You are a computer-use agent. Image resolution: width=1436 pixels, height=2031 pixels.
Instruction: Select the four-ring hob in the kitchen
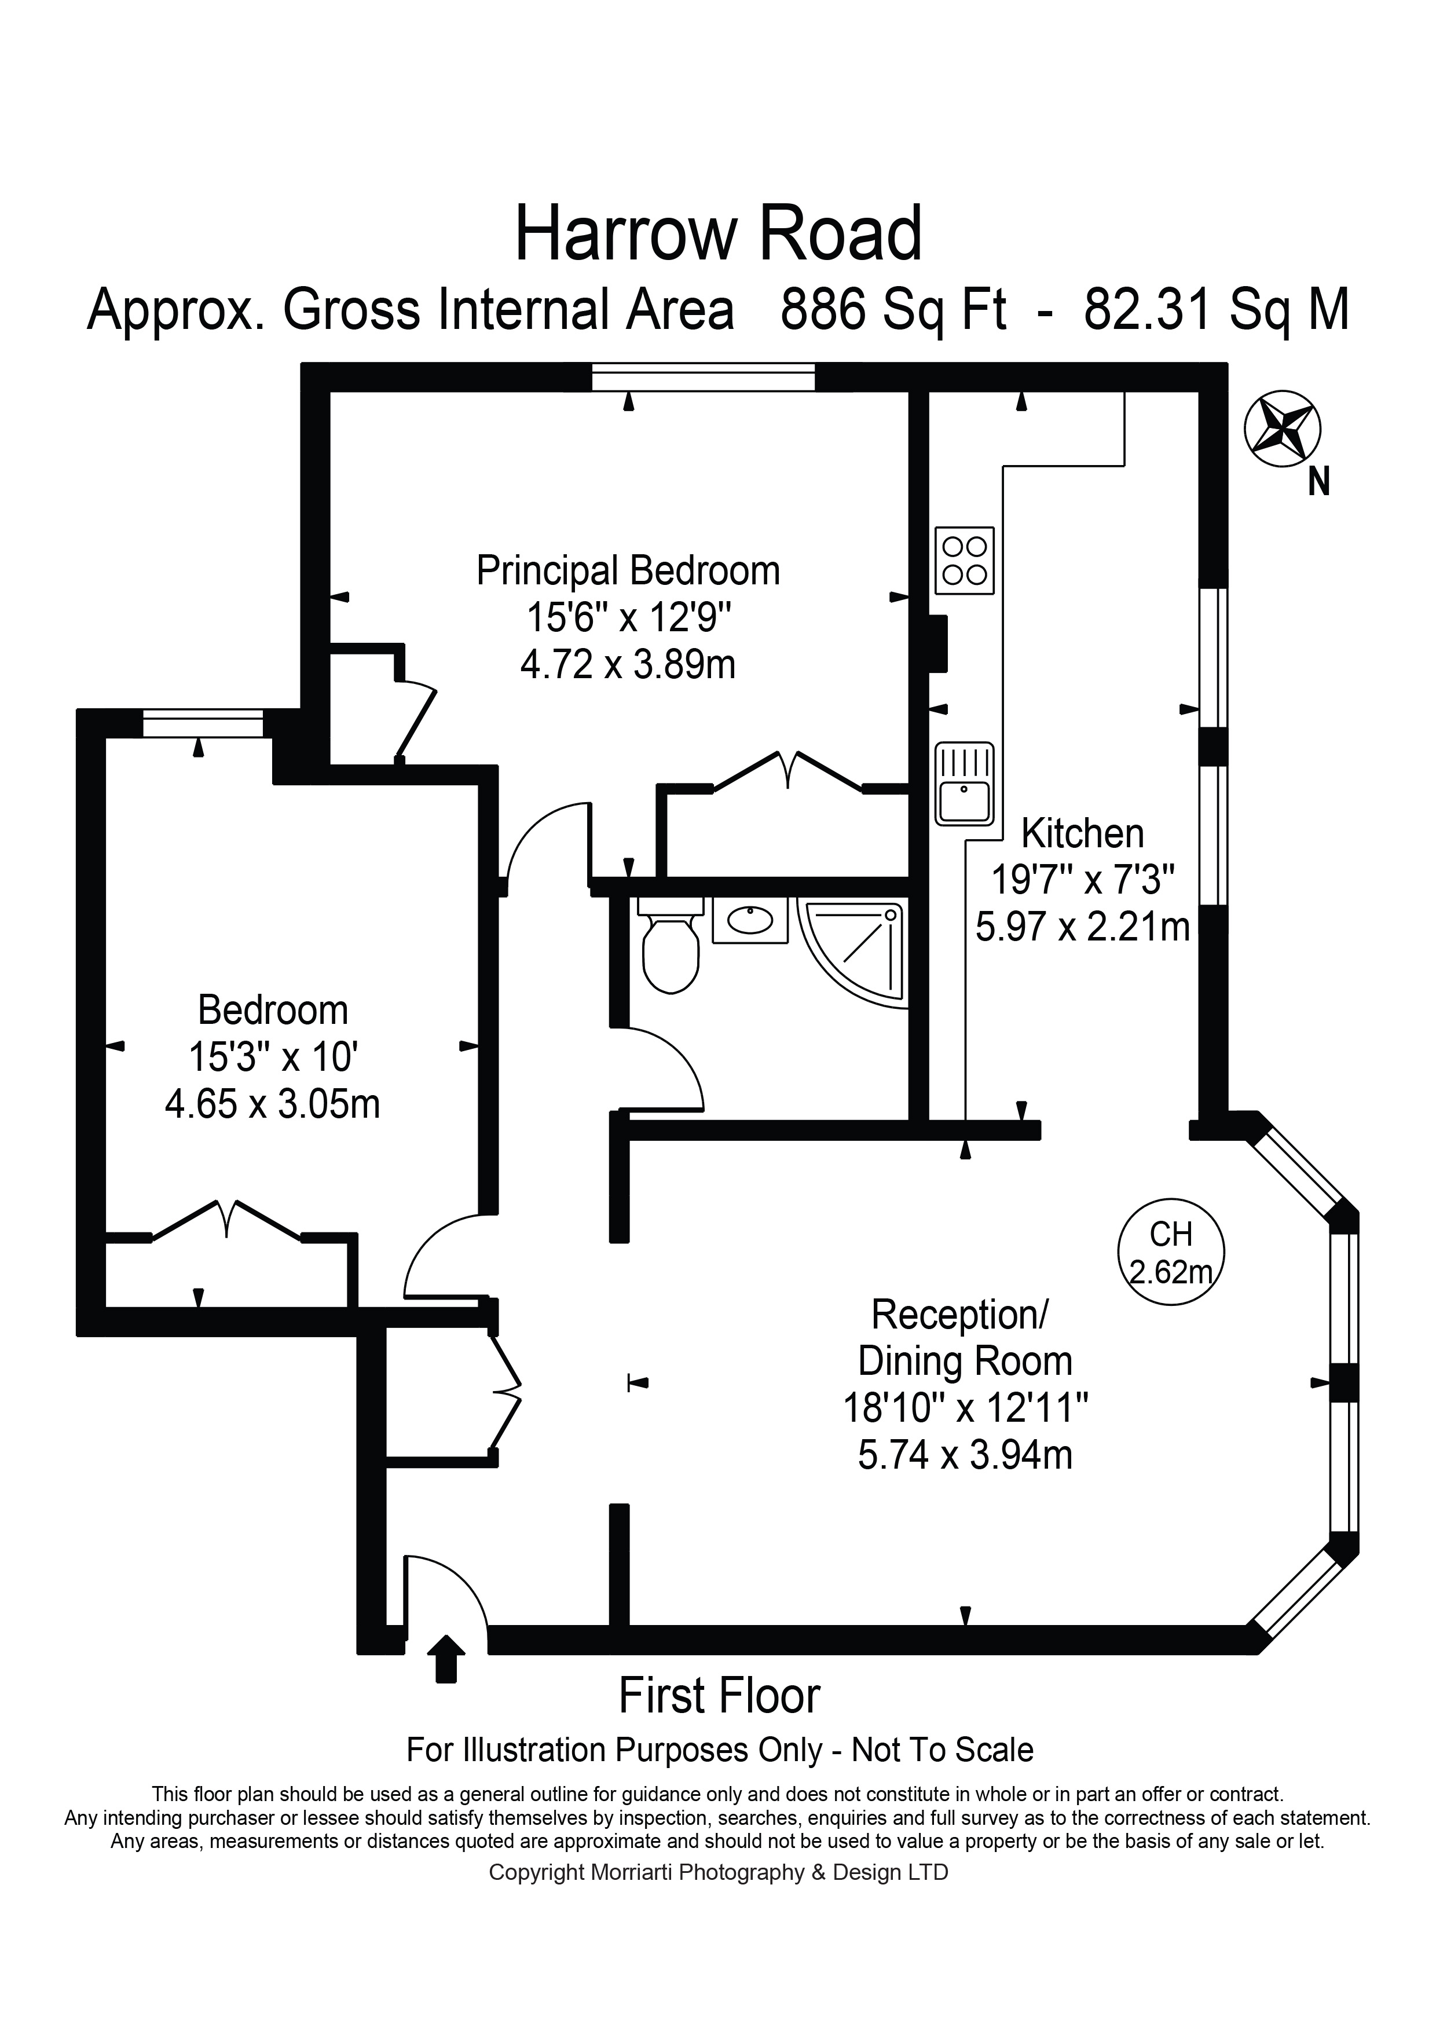click(965, 561)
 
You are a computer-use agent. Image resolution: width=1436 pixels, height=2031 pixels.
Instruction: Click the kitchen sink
click(965, 784)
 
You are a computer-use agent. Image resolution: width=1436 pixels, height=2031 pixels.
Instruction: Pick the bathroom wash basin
click(750, 921)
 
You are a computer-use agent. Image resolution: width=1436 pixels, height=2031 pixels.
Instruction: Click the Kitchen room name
click(1082, 833)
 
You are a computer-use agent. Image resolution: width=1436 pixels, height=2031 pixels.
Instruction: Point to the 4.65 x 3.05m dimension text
click(272, 1104)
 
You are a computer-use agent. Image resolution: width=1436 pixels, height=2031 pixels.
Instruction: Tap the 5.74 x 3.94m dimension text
click(965, 1454)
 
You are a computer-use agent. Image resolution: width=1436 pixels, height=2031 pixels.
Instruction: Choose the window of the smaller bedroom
click(203, 723)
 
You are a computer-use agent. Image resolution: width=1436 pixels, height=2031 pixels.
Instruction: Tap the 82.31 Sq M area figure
click(1217, 310)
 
